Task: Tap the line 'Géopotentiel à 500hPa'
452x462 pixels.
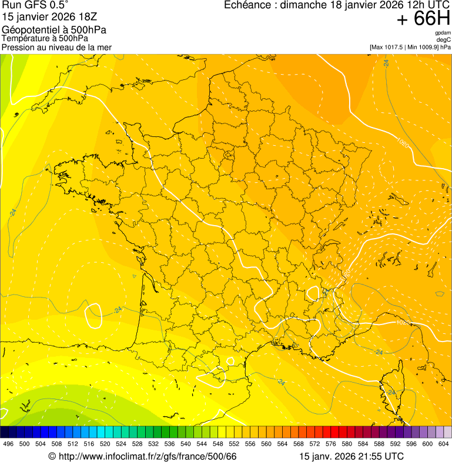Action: tap(54, 30)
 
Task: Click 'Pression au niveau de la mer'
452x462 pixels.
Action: tap(56, 47)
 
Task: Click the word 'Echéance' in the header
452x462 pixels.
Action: tap(249, 5)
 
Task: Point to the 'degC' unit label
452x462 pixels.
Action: tap(444, 39)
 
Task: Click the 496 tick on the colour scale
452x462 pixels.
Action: tap(8, 444)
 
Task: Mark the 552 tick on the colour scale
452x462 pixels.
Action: tap(234, 444)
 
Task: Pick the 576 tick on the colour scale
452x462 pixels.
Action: tap(331, 444)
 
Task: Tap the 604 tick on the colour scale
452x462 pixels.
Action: tap(444, 444)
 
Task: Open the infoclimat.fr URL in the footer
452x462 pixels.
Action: tap(147, 456)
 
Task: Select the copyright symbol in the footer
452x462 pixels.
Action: tap(52, 457)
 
